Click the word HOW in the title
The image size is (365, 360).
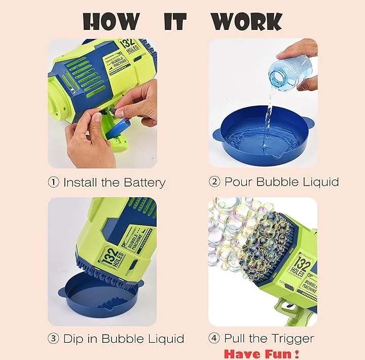pos(112,21)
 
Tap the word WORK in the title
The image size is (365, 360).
pos(247,21)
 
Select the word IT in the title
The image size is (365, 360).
pos(175,21)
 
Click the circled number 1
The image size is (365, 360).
pos(54,182)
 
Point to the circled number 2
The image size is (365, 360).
pos(214,182)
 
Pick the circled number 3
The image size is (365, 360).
pos(53,338)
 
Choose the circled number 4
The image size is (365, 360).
pos(214,338)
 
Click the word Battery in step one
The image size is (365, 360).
pos(144,183)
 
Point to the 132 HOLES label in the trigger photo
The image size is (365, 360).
pos(301,265)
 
